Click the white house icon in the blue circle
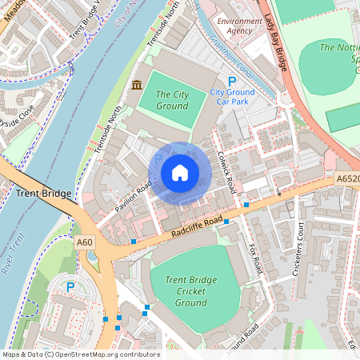pyautogui.click(x=180, y=173)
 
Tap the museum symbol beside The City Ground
pyautogui.click(x=137, y=86)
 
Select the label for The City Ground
pyautogui.click(x=172, y=100)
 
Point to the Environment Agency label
pyautogui.click(x=239, y=26)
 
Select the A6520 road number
pyautogui.click(x=346, y=180)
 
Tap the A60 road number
pyautogui.click(x=85, y=242)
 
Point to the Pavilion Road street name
pyautogui.click(x=132, y=197)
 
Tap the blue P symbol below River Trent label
pyautogui.click(x=70, y=286)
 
